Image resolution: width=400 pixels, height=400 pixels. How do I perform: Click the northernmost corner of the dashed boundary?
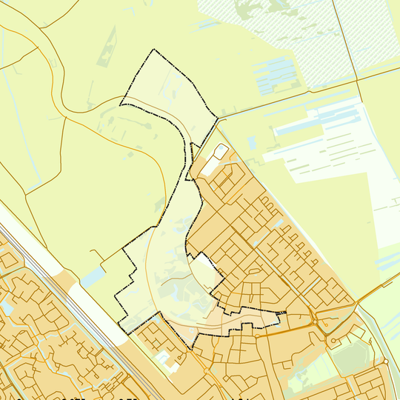tap(154, 50)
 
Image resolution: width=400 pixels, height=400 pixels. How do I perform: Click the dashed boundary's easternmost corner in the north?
tap(218, 116)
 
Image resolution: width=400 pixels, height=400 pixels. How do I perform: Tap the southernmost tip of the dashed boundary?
tap(192, 348)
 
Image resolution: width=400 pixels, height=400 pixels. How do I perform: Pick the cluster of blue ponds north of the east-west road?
tap(277, 75)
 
